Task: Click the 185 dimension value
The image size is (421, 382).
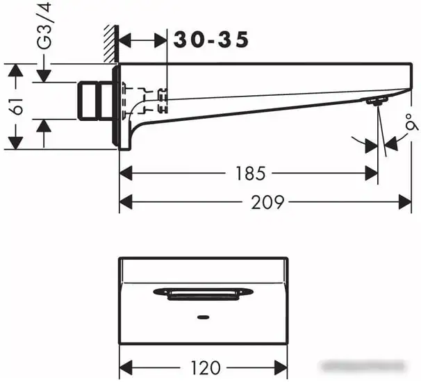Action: [x=249, y=173]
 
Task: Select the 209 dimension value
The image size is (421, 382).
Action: [x=267, y=202]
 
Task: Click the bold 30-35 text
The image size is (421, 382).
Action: [x=210, y=41]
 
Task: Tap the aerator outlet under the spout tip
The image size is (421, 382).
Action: [x=376, y=102]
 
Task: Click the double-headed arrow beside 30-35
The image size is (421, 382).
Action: [x=145, y=41]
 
